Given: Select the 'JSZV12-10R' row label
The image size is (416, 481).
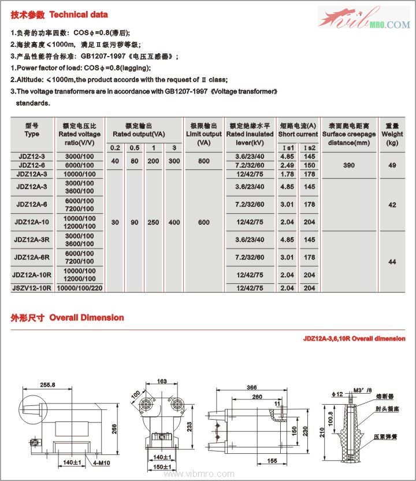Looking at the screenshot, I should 32,287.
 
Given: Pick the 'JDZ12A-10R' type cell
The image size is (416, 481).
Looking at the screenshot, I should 32,275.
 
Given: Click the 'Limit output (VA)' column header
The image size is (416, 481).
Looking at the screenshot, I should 203,134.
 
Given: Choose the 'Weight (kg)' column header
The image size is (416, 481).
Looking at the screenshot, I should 392,134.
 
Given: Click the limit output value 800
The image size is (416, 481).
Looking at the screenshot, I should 203,161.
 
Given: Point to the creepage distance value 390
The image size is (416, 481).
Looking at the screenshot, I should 349,165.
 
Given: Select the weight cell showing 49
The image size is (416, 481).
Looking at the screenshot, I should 392,165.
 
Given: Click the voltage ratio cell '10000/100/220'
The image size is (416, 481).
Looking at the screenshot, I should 80,287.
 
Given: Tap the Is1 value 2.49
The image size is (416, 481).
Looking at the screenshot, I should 287,165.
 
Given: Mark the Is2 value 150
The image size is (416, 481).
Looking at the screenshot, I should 310,165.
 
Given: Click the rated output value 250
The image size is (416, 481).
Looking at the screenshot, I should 154,223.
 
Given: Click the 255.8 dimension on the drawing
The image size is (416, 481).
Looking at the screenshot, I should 48,384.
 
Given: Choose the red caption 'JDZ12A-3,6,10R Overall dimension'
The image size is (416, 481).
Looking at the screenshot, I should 354,339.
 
